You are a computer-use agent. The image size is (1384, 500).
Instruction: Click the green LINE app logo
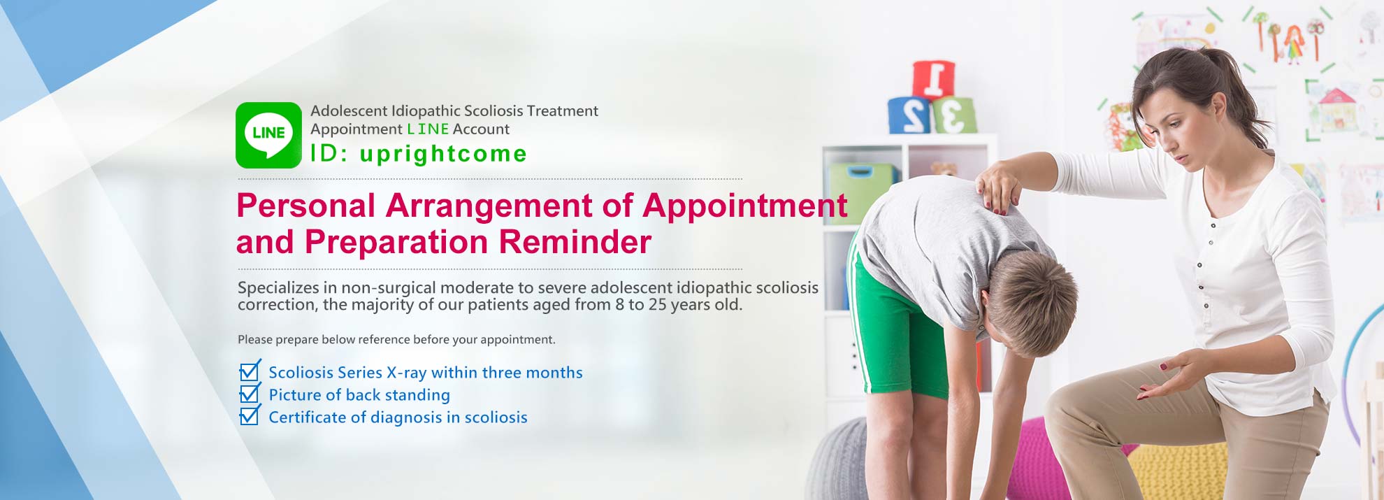[268, 135]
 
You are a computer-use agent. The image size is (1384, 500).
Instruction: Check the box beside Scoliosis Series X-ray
[249, 370]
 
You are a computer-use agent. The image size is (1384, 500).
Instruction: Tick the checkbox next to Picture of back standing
[249, 393]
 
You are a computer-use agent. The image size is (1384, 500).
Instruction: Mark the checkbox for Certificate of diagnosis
[249, 415]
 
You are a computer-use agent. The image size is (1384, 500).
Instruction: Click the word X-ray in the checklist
[407, 373]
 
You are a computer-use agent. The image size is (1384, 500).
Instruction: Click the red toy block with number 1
[934, 79]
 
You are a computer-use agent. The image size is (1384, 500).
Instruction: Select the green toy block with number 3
[953, 115]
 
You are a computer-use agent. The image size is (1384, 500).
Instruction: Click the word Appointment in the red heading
[745, 206]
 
